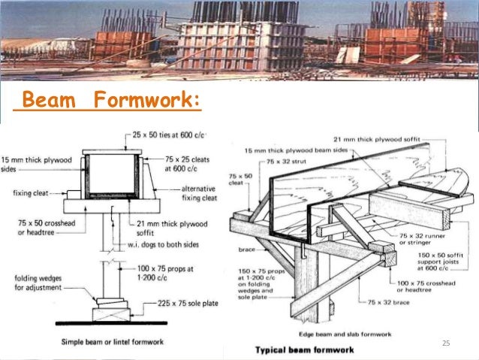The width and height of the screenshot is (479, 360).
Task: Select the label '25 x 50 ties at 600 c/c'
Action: pyautogui.click(x=167, y=135)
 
